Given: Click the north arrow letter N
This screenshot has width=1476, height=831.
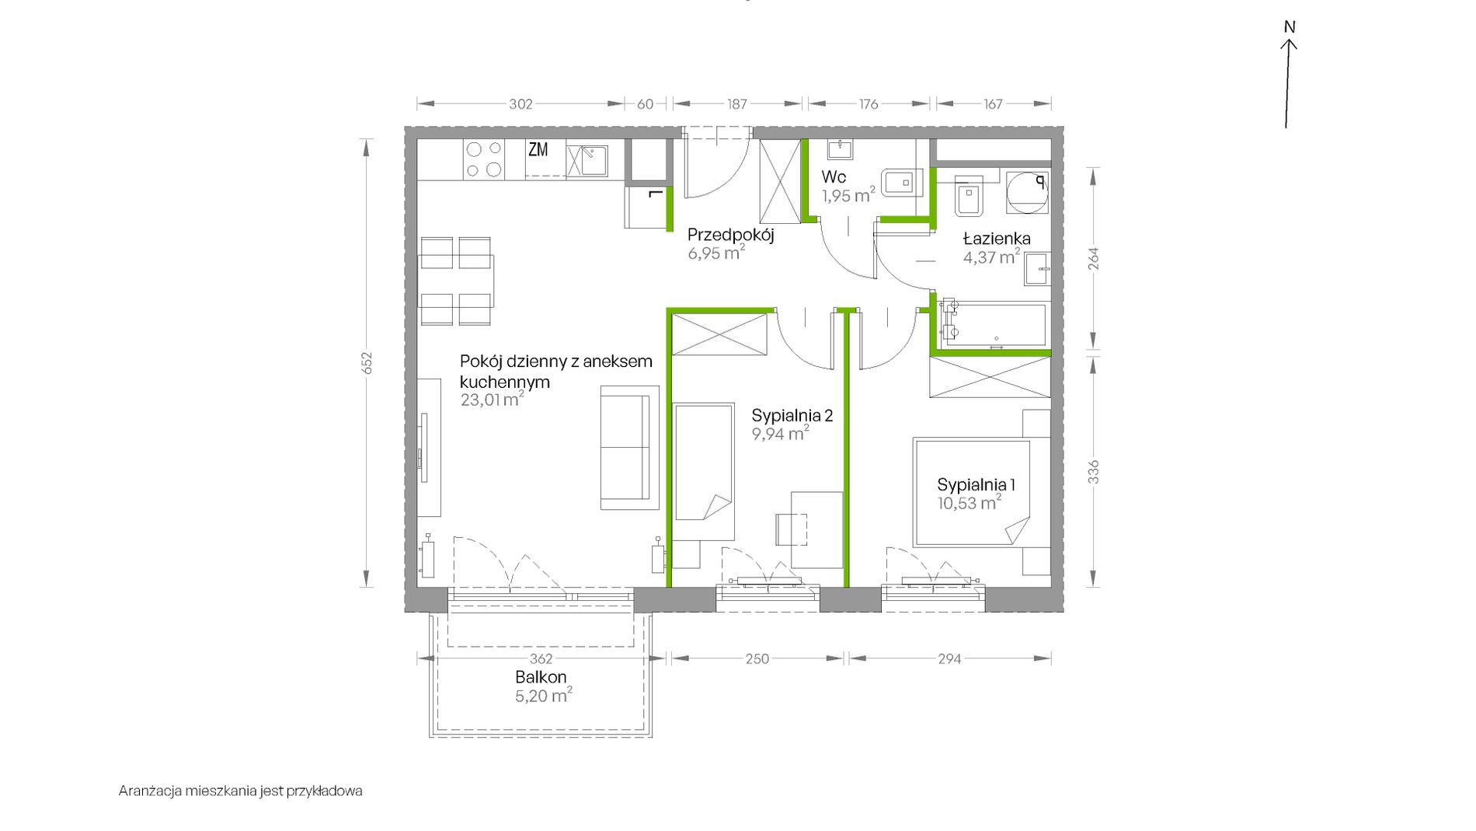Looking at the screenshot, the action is [x=1290, y=26].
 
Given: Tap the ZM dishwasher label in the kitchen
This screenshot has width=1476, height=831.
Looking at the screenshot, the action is [x=538, y=149].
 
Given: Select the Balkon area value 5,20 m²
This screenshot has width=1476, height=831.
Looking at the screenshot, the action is [x=544, y=695].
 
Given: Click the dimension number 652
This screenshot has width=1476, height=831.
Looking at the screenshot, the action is [x=367, y=363].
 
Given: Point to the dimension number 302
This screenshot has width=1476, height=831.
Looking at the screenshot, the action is [x=520, y=104].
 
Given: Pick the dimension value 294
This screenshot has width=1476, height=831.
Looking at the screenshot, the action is [x=949, y=659].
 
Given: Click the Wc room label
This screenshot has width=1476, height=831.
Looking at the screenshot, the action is [x=834, y=177].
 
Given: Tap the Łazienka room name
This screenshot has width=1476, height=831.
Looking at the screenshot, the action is [x=997, y=239].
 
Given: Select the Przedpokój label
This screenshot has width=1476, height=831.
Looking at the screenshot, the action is [x=731, y=235].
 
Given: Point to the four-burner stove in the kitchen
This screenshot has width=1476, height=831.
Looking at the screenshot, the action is [x=482, y=159].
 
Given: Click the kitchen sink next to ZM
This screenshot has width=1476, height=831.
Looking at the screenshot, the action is [x=587, y=161].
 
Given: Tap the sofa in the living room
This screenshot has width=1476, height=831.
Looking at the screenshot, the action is [x=625, y=448].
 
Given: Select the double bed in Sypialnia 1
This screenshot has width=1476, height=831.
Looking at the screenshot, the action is [x=973, y=493].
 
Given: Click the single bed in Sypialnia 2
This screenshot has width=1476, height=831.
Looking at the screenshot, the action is [x=703, y=471].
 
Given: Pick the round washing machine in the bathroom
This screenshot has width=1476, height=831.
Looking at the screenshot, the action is [x=1026, y=192].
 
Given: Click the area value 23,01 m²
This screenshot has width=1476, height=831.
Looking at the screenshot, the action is [x=492, y=400].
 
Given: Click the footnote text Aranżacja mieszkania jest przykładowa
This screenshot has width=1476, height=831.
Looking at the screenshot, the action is [x=241, y=791].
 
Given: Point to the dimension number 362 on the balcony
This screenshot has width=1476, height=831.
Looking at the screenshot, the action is [x=541, y=659].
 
